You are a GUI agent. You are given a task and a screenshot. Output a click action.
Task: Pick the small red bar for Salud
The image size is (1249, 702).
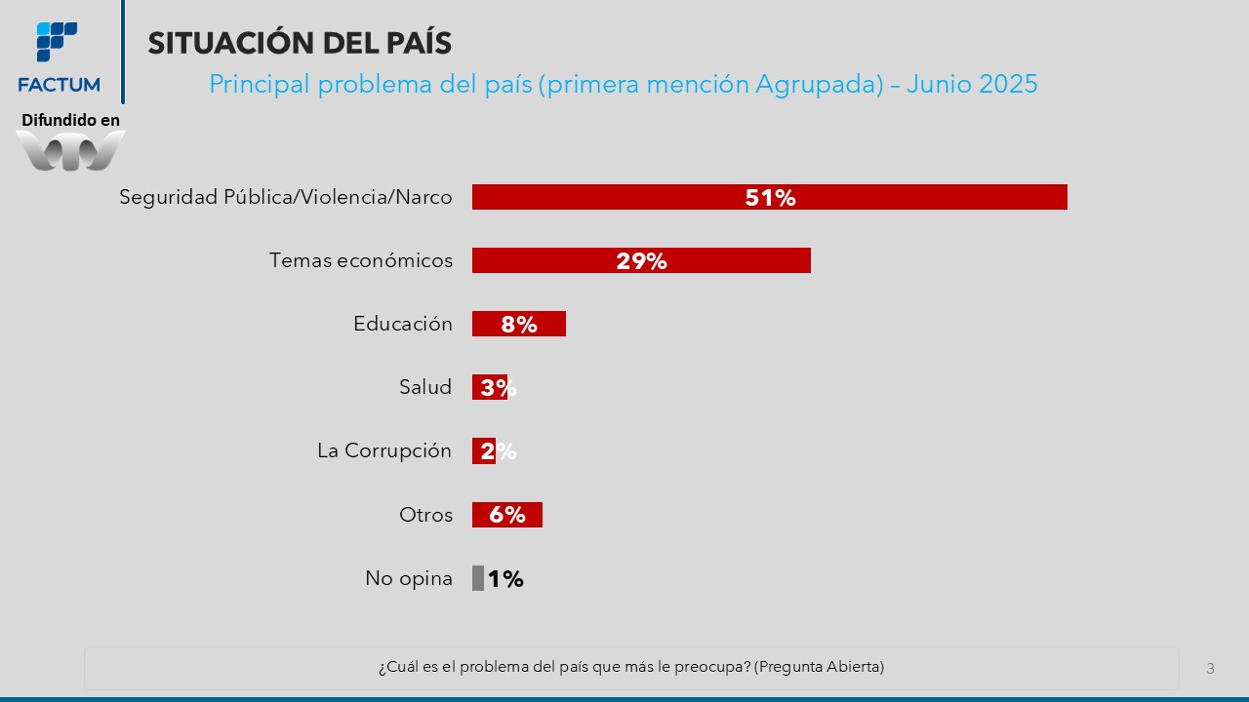pyautogui.click(x=477, y=387)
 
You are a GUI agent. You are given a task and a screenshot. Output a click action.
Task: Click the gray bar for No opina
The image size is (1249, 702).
pyautogui.click(x=478, y=578)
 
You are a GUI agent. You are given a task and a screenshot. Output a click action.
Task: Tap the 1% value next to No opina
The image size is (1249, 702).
pyautogui.click(x=505, y=579)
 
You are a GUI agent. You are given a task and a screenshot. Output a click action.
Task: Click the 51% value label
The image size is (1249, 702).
pyautogui.click(x=770, y=198)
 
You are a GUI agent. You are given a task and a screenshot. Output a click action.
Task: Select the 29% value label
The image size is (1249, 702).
pyautogui.click(x=641, y=261)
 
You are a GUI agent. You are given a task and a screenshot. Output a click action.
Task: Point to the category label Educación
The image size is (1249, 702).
pyautogui.click(x=402, y=324)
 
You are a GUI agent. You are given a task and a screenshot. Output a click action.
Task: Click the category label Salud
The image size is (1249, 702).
pyautogui.click(x=425, y=387)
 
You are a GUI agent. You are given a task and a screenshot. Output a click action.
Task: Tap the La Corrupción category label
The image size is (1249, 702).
pyautogui.click(x=384, y=450)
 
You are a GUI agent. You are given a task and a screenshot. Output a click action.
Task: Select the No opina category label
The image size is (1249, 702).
pyautogui.click(x=409, y=578)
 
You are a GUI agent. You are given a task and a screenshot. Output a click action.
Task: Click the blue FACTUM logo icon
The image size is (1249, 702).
pyautogui.click(x=57, y=42)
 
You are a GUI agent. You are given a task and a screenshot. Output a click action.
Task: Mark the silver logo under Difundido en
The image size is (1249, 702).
pyautogui.click(x=70, y=151)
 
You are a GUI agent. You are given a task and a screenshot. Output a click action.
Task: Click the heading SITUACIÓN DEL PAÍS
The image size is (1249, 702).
pyautogui.click(x=300, y=43)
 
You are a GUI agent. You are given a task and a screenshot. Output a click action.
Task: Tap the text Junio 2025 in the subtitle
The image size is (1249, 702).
pyautogui.click(x=972, y=84)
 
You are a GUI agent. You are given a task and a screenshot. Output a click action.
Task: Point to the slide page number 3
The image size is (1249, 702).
pyautogui.click(x=1210, y=669)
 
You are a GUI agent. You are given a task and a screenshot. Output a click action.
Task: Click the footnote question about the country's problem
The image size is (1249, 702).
pyautogui.click(x=631, y=667)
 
